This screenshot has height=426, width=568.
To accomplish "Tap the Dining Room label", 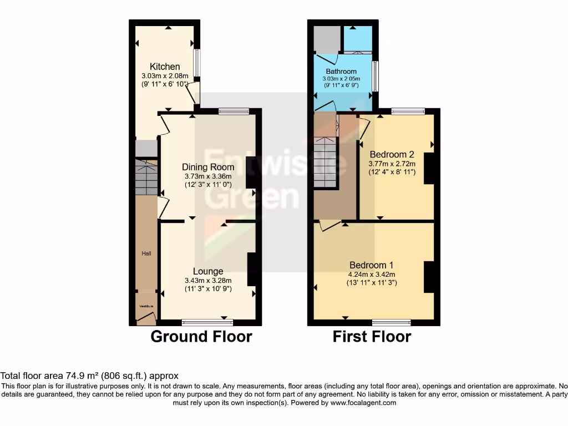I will click(208, 167).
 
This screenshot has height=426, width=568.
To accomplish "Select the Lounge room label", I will click(208, 271).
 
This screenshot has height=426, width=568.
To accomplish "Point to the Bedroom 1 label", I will click(372, 265).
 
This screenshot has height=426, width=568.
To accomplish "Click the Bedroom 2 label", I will click(392, 154).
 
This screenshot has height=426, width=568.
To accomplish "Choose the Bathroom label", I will click(341, 72).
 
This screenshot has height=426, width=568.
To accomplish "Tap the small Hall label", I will click(146, 253).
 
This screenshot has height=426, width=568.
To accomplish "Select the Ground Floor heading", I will click(201, 337).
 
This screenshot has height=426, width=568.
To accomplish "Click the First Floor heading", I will click(372, 337).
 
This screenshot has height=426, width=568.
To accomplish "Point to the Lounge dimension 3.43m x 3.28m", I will click(208, 281).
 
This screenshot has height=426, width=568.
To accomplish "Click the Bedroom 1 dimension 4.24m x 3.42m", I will click(372, 274).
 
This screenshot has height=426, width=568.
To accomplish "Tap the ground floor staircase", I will click(146, 177).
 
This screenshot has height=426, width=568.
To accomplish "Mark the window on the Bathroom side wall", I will click(375, 76).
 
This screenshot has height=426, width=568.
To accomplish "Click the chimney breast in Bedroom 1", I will click(429, 277).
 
